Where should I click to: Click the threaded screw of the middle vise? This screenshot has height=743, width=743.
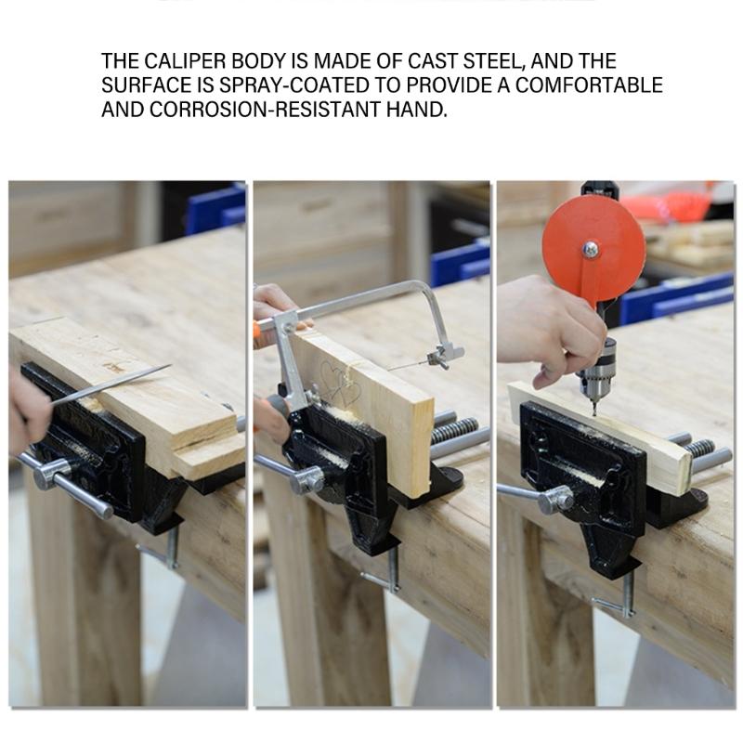pyautogui.click(x=455, y=431)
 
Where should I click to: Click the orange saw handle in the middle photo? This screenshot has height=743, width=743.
pyautogui.click(x=261, y=327)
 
